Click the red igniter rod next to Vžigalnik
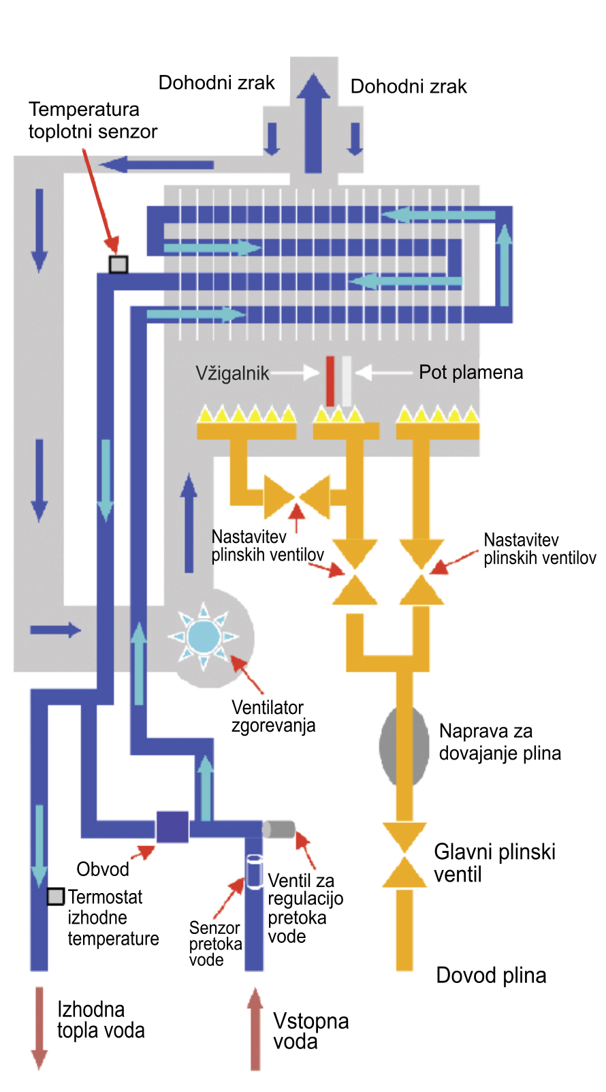click(330, 381)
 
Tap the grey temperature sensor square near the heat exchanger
click(118, 264)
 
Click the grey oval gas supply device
click(404, 747)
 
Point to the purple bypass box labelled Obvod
click(172, 827)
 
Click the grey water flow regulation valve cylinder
click(278, 829)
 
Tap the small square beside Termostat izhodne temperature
click(55, 896)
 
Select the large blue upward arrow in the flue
click(313, 123)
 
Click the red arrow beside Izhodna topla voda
click(39, 1028)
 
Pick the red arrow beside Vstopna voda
click(255, 1029)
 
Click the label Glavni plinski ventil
click(494, 862)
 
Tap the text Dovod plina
click(491, 976)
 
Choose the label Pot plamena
click(471, 373)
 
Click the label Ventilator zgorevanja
click(273, 716)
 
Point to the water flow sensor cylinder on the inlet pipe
click(254, 871)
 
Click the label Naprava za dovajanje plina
click(500, 742)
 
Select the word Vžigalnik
click(232, 373)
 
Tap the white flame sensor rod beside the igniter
click(347, 381)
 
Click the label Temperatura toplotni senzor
click(93, 121)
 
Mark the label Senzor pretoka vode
click(215, 943)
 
